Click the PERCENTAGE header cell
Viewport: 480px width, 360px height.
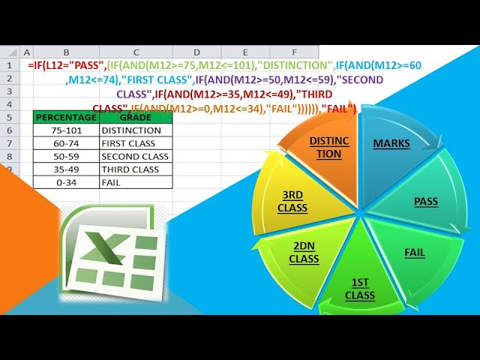66,117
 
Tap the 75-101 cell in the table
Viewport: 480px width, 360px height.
66,130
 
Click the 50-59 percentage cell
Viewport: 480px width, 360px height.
66,156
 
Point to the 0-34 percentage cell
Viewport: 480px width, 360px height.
66,181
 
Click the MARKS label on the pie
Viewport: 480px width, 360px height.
391,143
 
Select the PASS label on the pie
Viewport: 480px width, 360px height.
426,201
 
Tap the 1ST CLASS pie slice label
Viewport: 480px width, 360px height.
360,289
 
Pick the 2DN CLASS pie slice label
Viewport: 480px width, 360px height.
304,252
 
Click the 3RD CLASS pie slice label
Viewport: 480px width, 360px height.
292,201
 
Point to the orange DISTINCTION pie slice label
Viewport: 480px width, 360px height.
325,147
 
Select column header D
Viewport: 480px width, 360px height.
196,52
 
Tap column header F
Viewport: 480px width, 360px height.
294,52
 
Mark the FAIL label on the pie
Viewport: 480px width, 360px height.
415,253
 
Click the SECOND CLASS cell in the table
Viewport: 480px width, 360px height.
135,156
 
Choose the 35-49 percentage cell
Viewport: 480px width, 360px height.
66,169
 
